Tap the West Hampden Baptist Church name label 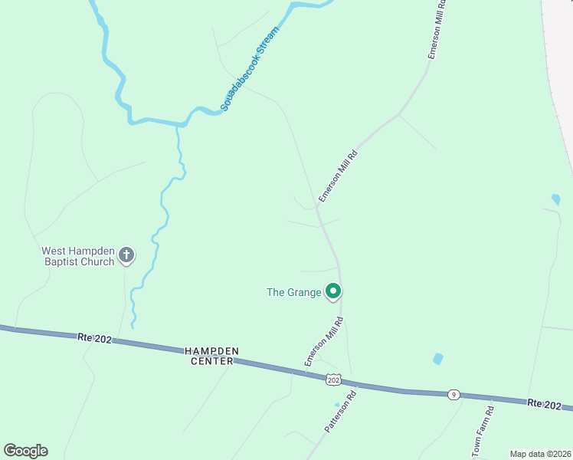[77, 256]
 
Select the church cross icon [127, 255]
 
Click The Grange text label [293, 292]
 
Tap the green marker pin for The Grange [333, 291]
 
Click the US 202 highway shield [333, 379]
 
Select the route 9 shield [454, 394]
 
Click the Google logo [25, 451]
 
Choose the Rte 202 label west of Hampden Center [95, 337]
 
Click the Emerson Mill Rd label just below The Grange [323, 342]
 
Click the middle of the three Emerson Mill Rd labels [339, 176]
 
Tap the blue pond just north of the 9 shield [437, 358]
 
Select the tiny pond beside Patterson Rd [336, 405]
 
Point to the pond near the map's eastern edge [555, 200]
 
